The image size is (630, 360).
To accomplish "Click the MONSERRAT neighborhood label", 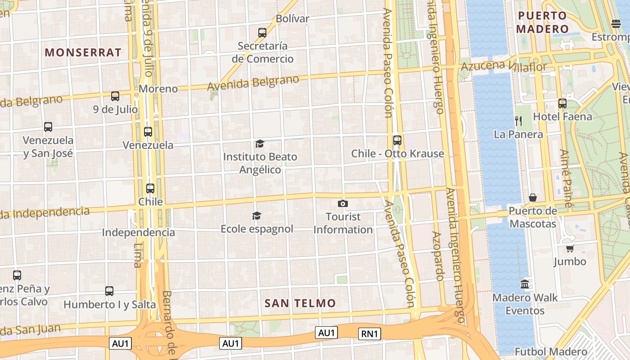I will [83, 52].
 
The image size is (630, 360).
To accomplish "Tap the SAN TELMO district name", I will [300, 303].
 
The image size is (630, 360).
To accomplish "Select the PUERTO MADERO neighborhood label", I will [542, 22].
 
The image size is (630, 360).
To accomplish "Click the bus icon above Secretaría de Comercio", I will [262, 32].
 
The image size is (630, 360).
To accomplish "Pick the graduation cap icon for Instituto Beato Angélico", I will [260, 144].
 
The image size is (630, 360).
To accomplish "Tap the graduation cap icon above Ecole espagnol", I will [256, 216].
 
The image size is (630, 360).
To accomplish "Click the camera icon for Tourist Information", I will [343, 204].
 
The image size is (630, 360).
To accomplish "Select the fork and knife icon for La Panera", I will [518, 121].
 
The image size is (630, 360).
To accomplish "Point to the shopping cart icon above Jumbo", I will [570, 248].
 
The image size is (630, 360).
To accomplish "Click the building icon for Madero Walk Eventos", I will [525, 284].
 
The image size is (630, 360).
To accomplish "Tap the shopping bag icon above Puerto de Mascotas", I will [533, 198].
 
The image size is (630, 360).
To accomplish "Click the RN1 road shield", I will [370, 333].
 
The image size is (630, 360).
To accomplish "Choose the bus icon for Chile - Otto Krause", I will [397, 140].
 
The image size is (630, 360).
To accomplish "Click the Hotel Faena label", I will [562, 117].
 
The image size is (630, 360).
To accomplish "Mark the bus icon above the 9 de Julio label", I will [115, 96].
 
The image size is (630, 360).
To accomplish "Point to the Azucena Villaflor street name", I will [504, 67].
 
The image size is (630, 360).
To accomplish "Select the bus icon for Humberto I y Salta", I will [109, 291].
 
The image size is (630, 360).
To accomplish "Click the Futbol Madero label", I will [551, 352].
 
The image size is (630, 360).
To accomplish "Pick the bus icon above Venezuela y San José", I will [48, 127].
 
